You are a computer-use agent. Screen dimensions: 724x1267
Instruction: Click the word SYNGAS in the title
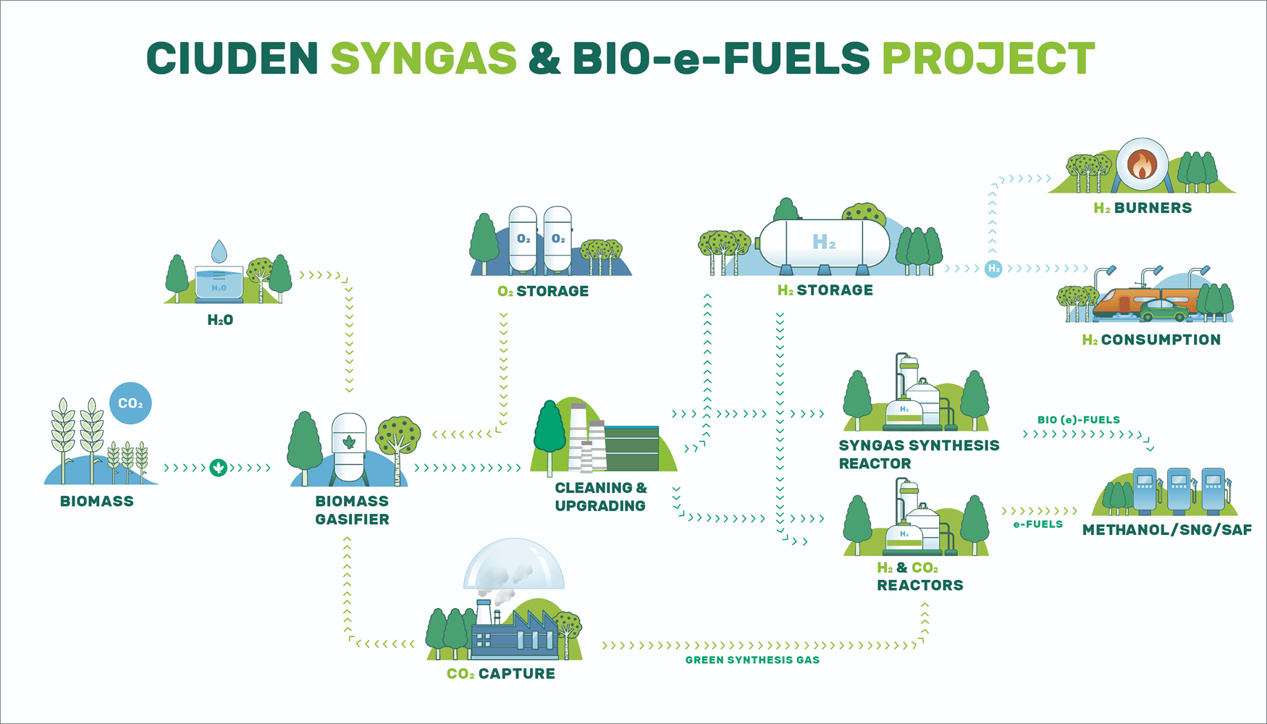[x=424, y=59]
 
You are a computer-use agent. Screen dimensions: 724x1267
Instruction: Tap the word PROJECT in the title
[x=988, y=59]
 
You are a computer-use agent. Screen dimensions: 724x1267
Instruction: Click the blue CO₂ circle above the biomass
[x=130, y=403]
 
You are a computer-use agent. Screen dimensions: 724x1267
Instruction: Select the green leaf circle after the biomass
[x=218, y=468]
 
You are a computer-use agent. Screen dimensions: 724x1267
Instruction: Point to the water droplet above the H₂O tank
[x=219, y=252]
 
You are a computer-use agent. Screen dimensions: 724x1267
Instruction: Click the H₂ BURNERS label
[x=1142, y=208]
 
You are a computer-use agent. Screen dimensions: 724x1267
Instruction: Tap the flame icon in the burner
[x=1142, y=165]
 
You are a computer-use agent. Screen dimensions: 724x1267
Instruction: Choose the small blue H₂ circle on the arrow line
[x=993, y=269]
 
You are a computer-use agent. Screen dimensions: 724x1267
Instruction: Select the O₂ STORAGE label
[x=543, y=291]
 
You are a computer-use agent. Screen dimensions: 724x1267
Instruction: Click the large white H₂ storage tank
[x=824, y=243]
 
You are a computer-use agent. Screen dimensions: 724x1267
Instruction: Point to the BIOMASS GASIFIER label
[x=352, y=510]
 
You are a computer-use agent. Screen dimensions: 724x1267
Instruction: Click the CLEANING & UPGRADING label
[x=600, y=497]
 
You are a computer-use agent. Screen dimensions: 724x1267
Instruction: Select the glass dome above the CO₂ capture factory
[x=513, y=565]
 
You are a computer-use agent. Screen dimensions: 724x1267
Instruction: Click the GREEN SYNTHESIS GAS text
[x=752, y=660]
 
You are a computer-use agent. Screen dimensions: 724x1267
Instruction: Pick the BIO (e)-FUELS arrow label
[x=1078, y=420]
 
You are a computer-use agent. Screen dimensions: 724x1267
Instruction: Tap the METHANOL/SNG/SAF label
[x=1166, y=530]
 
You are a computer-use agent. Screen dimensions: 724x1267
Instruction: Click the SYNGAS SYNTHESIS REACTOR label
[x=918, y=454]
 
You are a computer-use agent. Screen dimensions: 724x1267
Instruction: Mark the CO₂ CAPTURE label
[x=501, y=673]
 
